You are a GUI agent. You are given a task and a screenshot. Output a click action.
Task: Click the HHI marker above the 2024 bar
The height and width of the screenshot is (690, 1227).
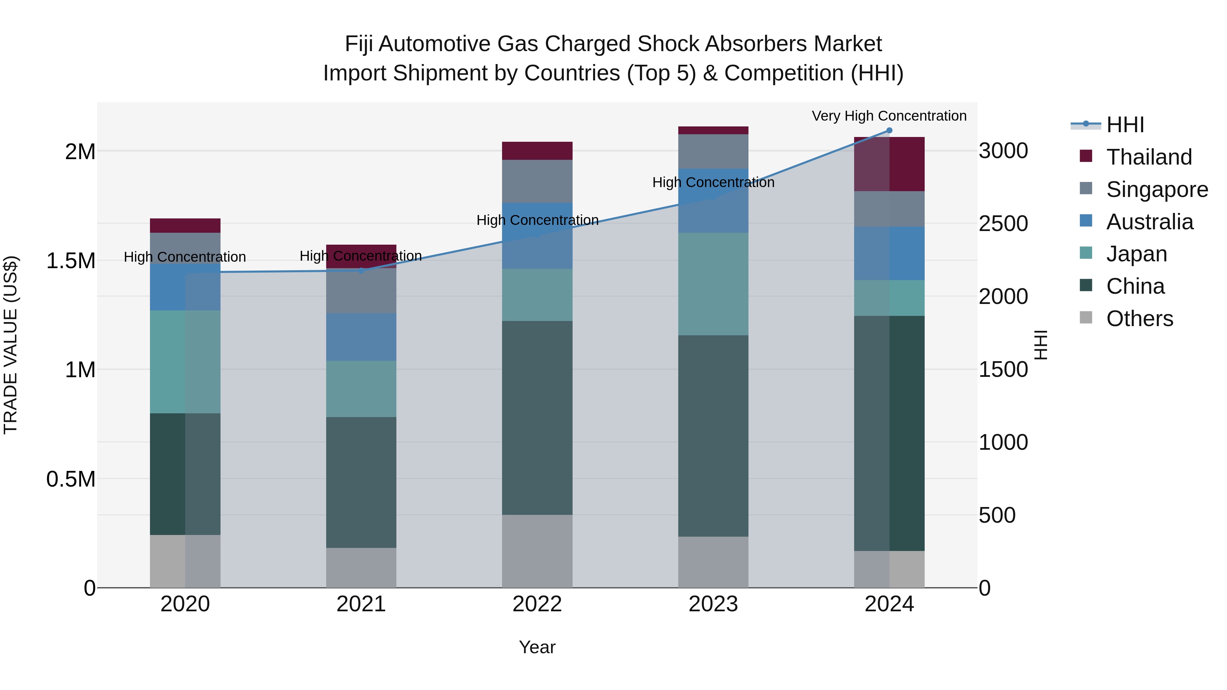(x=889, y=131)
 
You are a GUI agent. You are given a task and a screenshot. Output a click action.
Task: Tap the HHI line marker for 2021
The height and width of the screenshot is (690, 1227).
(x=361, y=271)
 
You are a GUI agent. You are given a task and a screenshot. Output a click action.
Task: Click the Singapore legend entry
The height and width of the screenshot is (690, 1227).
(x=1156, y=189)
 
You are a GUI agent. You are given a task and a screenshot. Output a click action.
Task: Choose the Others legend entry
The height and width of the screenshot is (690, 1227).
(x=1139, y=319)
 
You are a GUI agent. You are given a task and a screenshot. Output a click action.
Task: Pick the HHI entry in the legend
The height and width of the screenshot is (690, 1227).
(x=1125, y=125)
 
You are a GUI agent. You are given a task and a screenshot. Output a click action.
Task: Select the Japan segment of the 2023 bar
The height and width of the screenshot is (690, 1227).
(x=713, y=284)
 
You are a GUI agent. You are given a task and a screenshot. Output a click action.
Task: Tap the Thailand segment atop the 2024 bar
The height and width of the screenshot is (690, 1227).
(x=889, y=164)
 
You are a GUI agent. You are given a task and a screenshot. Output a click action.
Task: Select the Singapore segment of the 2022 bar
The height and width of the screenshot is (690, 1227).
(x=537, y=181)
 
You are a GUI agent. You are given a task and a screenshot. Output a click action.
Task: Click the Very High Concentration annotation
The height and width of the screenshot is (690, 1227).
(x=889, y=116)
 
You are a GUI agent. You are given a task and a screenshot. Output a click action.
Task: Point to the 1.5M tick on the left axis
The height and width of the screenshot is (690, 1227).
(x=71, y=261)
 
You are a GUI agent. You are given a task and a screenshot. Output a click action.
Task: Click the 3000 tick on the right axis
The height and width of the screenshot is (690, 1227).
(x=1003, y=151)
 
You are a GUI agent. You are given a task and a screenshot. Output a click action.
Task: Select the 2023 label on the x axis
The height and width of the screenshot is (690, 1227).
(x=713, y=604)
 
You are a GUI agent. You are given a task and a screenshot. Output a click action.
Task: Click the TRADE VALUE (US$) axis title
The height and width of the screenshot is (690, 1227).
(x=11, y=345)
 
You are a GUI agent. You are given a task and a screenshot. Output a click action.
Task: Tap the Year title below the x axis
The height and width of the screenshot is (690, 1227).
(x=537, y=647)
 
